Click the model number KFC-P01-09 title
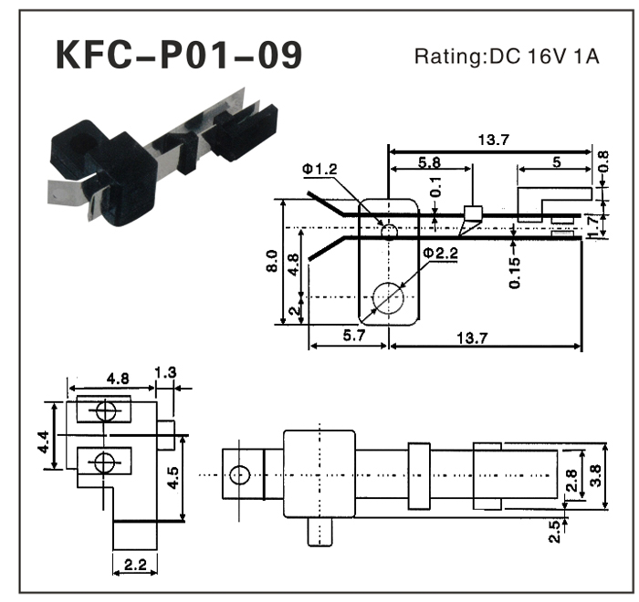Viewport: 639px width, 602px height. point(178,57)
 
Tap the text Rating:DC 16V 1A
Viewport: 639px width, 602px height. point(508,57)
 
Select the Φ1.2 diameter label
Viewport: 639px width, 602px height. point(320,169)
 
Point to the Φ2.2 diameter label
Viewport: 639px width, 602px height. point(440,253)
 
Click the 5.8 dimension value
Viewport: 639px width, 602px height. point(430,161)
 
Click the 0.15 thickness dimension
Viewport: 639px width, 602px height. point(516,272)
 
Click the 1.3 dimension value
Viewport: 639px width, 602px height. point(166,371)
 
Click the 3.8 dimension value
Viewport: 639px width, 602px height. point(597,475)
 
